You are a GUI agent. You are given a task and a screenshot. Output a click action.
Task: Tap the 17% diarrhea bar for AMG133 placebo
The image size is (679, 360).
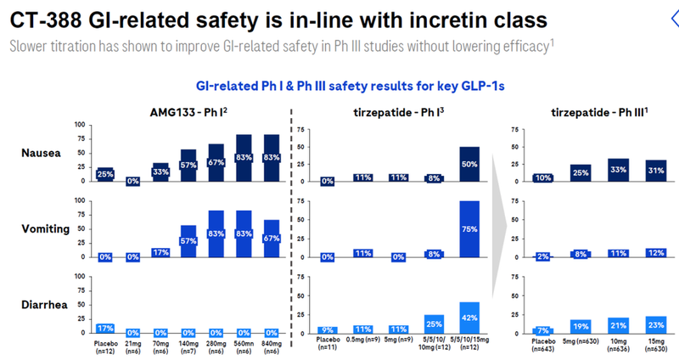105,327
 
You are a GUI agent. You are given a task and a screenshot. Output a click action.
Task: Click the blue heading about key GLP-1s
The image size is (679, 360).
339,85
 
